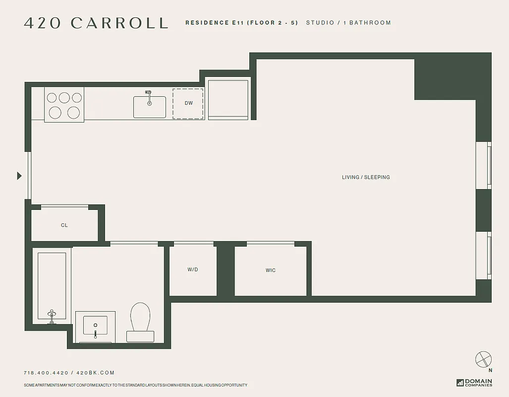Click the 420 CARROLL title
(x=96, y=23)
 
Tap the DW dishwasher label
(x=188, y=103)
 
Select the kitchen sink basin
(x=149, y=107)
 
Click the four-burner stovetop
(x=64, y=105)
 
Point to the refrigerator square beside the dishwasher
(x=228, y=99)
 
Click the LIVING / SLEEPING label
(x=366, y=177)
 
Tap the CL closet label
(x=64, y=225)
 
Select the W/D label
(x=193, y=269)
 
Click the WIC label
(x=271, y=270)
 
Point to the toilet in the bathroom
(x=140, y=321)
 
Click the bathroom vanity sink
(x=95, y=326)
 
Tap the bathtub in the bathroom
(x=52, y=285)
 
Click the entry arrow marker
(x=19, y=176)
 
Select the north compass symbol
(x=483, y=359)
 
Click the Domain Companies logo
(x=474, y=383)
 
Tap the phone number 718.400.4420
(x=46, y=373)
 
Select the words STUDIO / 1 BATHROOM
(x=348, y=23)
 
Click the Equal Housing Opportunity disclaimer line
(x=135, y=386)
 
